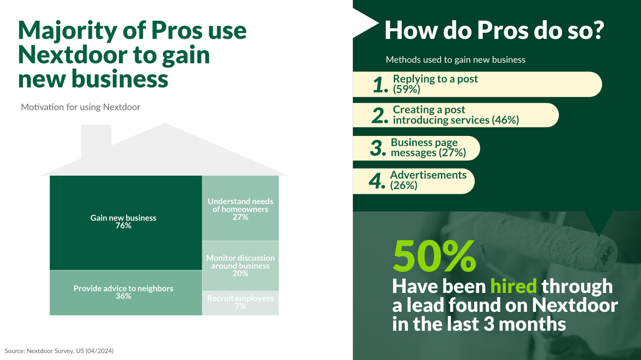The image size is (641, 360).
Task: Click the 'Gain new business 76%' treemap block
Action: (126, 223)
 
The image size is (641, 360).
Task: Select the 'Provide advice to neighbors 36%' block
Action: (126, 293)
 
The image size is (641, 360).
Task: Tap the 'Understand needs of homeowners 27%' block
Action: (240, 208)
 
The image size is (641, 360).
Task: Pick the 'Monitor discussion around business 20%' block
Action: (240, 266)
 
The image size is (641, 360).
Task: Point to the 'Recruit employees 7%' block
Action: (240, 303)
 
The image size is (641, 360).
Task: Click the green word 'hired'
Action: (514, 286)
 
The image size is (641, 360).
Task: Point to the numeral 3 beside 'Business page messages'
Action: (378, 148)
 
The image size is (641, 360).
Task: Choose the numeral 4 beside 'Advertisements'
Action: (377, 181)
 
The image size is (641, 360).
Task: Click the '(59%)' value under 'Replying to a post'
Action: (407, 90)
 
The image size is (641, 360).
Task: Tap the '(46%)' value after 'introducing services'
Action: (505, 120)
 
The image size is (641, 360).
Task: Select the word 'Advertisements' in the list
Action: (428, 175)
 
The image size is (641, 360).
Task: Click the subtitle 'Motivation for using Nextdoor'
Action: (81, 107)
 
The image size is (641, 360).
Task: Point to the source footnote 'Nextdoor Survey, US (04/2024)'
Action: (70, 351)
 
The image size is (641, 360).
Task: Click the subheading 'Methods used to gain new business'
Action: (456, 60)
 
